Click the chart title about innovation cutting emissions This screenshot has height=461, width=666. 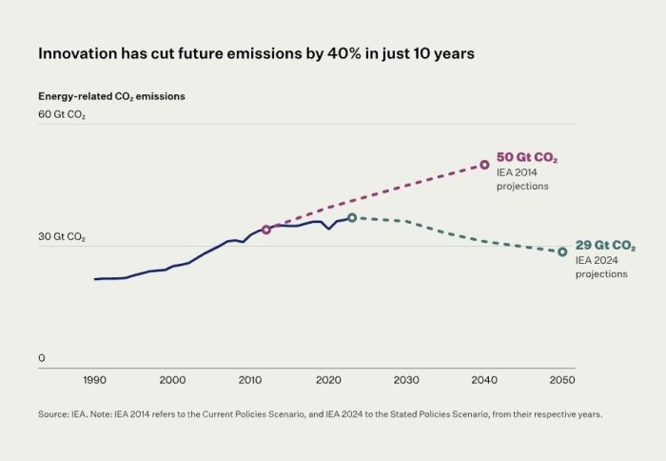tap(256, 54)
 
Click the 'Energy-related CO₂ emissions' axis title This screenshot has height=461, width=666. tap(111, 96)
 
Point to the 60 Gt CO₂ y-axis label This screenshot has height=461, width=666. tap(62, 114)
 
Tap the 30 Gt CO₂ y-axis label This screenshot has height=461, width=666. tap(62, 237)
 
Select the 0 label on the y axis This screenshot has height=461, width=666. tap(42, 358)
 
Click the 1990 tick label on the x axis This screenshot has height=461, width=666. tap(94, 380)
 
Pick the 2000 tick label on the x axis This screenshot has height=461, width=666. tap(172, 380)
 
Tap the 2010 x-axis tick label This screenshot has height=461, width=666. tap(250, 380)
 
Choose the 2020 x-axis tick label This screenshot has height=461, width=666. tap(328, 380)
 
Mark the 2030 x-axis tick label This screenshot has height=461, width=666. tap(406, 380)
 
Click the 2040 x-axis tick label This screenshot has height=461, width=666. tap(484, 380)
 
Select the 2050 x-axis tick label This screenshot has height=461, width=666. tap(562, 380)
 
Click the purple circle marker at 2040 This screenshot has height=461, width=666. tap(484, 165)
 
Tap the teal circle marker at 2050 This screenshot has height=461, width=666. tap(562, 251)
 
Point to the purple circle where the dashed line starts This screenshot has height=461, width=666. tap(266, 230)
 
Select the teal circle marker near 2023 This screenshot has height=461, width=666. tap(352, 218)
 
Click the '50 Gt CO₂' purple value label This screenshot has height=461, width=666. tap(526, 157)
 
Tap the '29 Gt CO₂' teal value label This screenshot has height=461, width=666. tap(605, 245)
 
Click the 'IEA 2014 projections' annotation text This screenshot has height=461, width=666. tap(522, 179)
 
